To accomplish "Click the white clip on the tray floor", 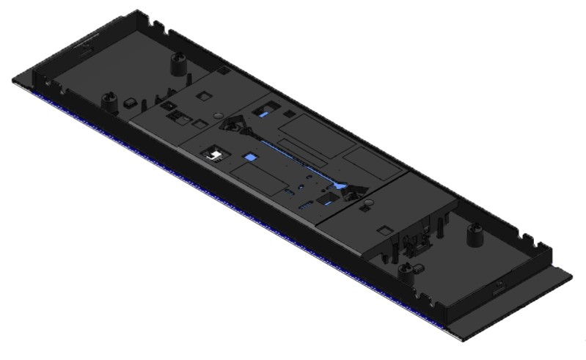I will pos(215,153).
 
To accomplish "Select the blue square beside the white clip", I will pos(250,157).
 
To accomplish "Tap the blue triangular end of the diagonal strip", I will pos(340,186).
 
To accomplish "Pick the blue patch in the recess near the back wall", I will pos(263,113).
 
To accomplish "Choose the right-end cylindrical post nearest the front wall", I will pos(406,271).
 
